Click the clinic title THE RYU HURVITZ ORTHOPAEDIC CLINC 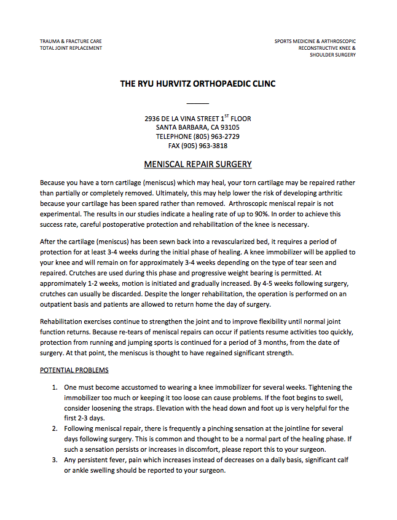click(x=198, y=84)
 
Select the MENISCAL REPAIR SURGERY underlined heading click(x=198, y=165)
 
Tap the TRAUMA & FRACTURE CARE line click(x=71, y=41)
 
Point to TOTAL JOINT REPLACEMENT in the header click(x=71, y=48)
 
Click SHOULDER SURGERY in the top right click(x=332, y=55)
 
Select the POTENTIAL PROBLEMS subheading click(x=74, y=371)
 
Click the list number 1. click(x=54, y=387)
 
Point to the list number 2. click(x=54, y=428)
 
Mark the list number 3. click(x=54, y=460)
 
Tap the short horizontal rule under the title click(x=198, y=103)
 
